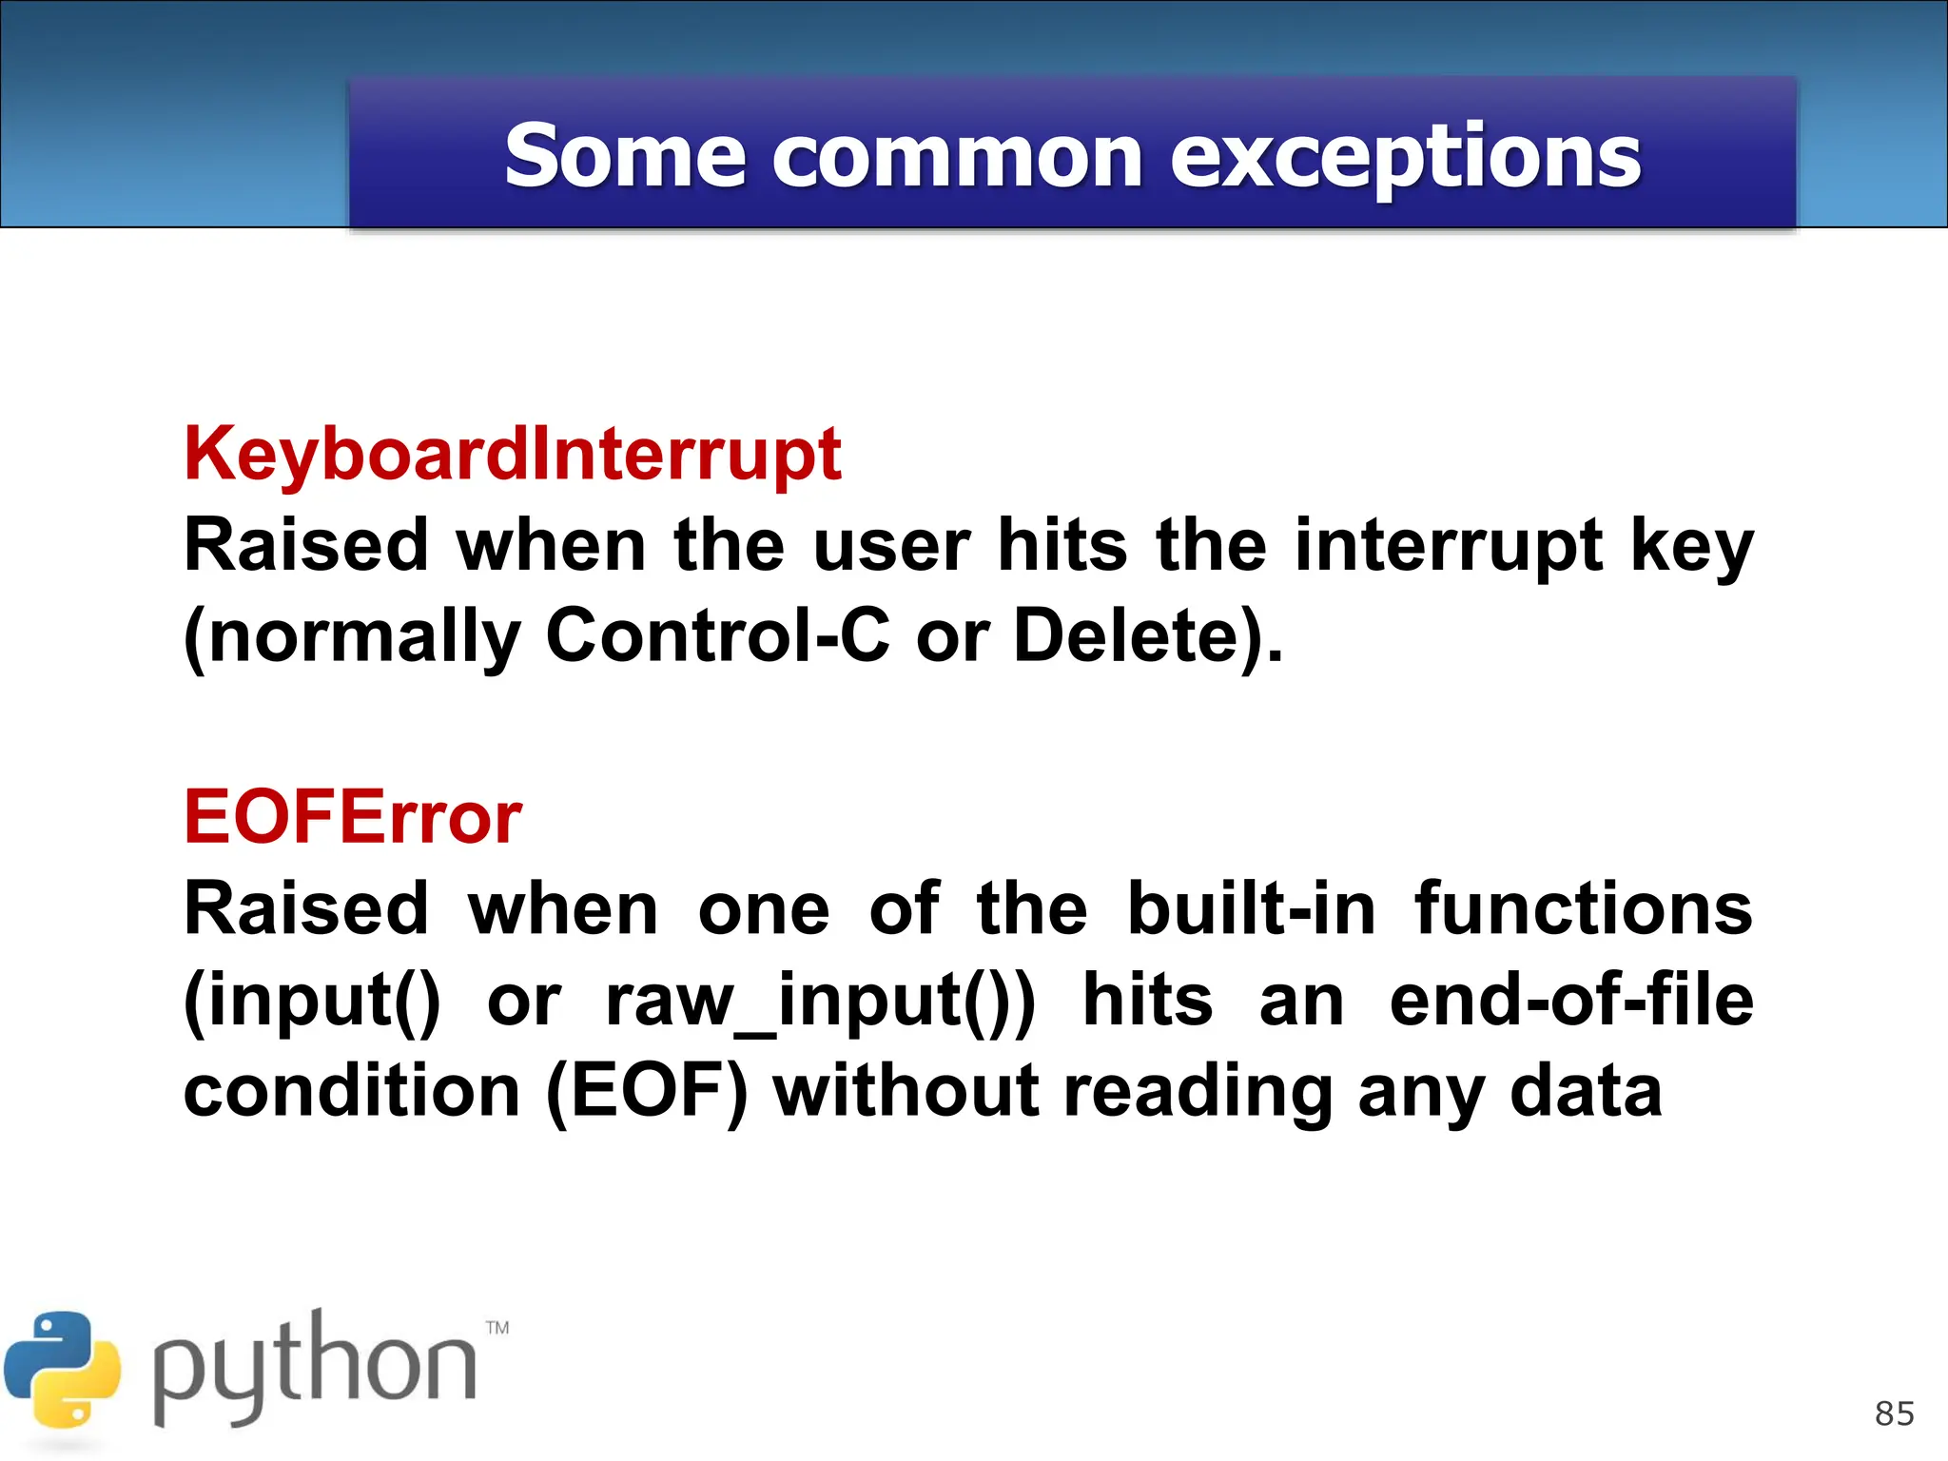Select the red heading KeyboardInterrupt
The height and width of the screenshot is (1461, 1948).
point(513,454)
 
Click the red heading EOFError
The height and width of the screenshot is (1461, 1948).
point(353,817)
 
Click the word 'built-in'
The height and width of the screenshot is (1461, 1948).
point(1251,908)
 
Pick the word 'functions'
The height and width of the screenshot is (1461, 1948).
point(1583,908)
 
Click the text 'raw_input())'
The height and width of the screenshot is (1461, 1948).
point(820,1002)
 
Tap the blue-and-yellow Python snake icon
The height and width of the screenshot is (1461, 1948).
point(63,1370)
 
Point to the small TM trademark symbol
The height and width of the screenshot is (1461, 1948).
point(497,1327)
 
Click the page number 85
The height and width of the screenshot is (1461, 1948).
point(1894,1414)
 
